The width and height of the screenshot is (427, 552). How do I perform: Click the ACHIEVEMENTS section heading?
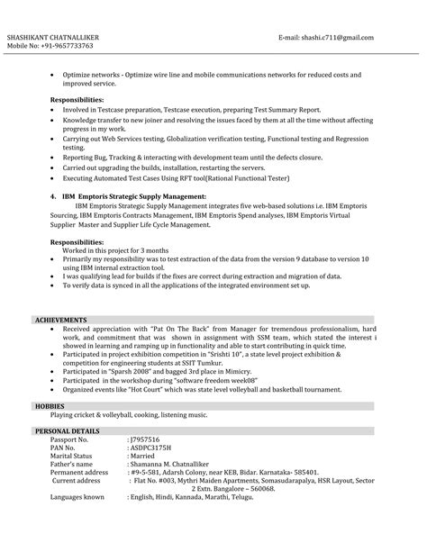(61, 320)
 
